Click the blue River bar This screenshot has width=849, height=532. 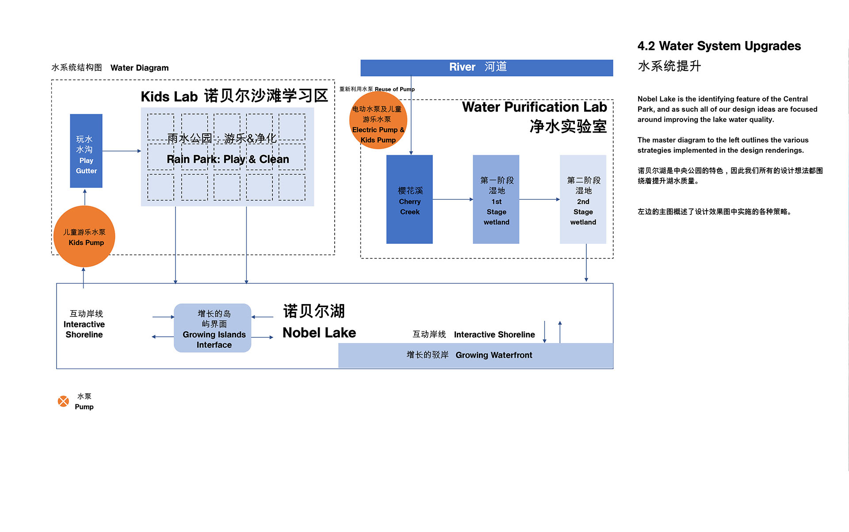(486, 68)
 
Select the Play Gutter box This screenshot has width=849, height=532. (86, 151)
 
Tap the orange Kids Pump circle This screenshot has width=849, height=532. (84, 236)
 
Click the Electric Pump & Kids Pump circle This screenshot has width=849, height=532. (378, 120)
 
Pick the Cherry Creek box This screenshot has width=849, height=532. (409, 199)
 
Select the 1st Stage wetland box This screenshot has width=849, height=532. (496, 199)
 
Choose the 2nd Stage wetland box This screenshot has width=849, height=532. (583, 199)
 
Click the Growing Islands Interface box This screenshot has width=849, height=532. (213, 328)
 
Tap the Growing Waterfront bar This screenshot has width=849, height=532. (476, 355)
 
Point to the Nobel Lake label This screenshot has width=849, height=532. (319, 333)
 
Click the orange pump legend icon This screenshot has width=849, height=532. (64, 401)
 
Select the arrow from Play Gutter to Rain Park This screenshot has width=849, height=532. (122, 151)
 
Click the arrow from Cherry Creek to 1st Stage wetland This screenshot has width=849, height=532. (453, 199)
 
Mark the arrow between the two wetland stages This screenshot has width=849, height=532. (539, 199)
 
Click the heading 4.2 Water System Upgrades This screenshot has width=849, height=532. (719, 46)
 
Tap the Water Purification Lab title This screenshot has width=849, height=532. (535, 107)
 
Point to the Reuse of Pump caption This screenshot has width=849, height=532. (395, 89)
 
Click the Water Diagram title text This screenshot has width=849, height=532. (140, 68)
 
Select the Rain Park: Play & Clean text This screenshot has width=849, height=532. (228, 160)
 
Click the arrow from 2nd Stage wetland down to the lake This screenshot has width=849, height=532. (586, 262)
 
